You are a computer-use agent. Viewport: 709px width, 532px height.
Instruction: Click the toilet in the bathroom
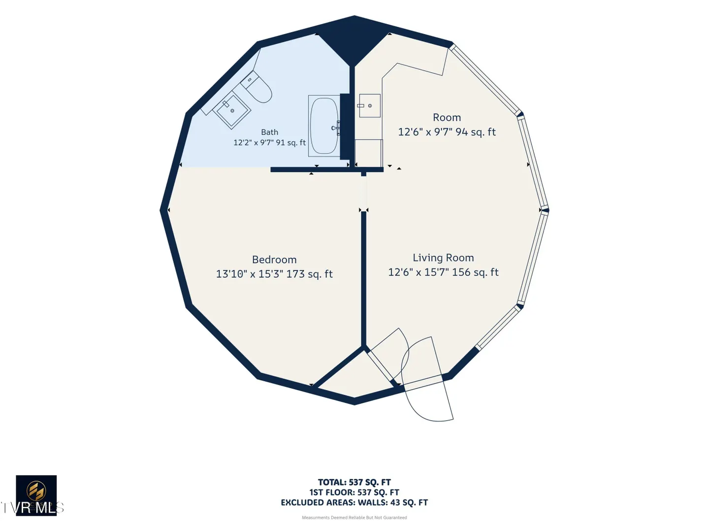click(257, 87)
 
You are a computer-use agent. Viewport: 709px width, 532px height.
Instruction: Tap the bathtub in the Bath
click(324, 126)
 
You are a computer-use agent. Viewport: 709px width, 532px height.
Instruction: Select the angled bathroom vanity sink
click(231, 110)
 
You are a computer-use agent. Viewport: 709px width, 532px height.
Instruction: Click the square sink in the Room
click(370, 105)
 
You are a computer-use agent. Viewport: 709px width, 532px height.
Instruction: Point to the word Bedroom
click(274, 260)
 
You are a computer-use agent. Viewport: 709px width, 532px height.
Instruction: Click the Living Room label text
click(443, 258)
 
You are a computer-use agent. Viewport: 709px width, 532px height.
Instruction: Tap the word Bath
click(269, 132)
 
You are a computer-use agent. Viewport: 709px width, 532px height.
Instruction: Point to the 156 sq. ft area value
click(475, 272)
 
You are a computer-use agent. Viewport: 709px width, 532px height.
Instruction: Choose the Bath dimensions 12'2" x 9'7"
click(254, 142)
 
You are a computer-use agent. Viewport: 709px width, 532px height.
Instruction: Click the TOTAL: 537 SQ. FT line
click(354, 482)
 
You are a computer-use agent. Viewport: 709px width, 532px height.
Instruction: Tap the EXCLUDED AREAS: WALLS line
click(354, 502)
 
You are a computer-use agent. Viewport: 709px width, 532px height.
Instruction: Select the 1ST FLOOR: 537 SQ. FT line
click(354, 492)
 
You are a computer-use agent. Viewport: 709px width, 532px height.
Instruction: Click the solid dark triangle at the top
click(354, 39)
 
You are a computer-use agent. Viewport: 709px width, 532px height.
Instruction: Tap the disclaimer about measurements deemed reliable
click(354, 518)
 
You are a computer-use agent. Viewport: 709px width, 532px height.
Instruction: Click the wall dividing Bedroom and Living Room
click(364, 279)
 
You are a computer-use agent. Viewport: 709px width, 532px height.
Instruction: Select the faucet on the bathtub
click(336, 128)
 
